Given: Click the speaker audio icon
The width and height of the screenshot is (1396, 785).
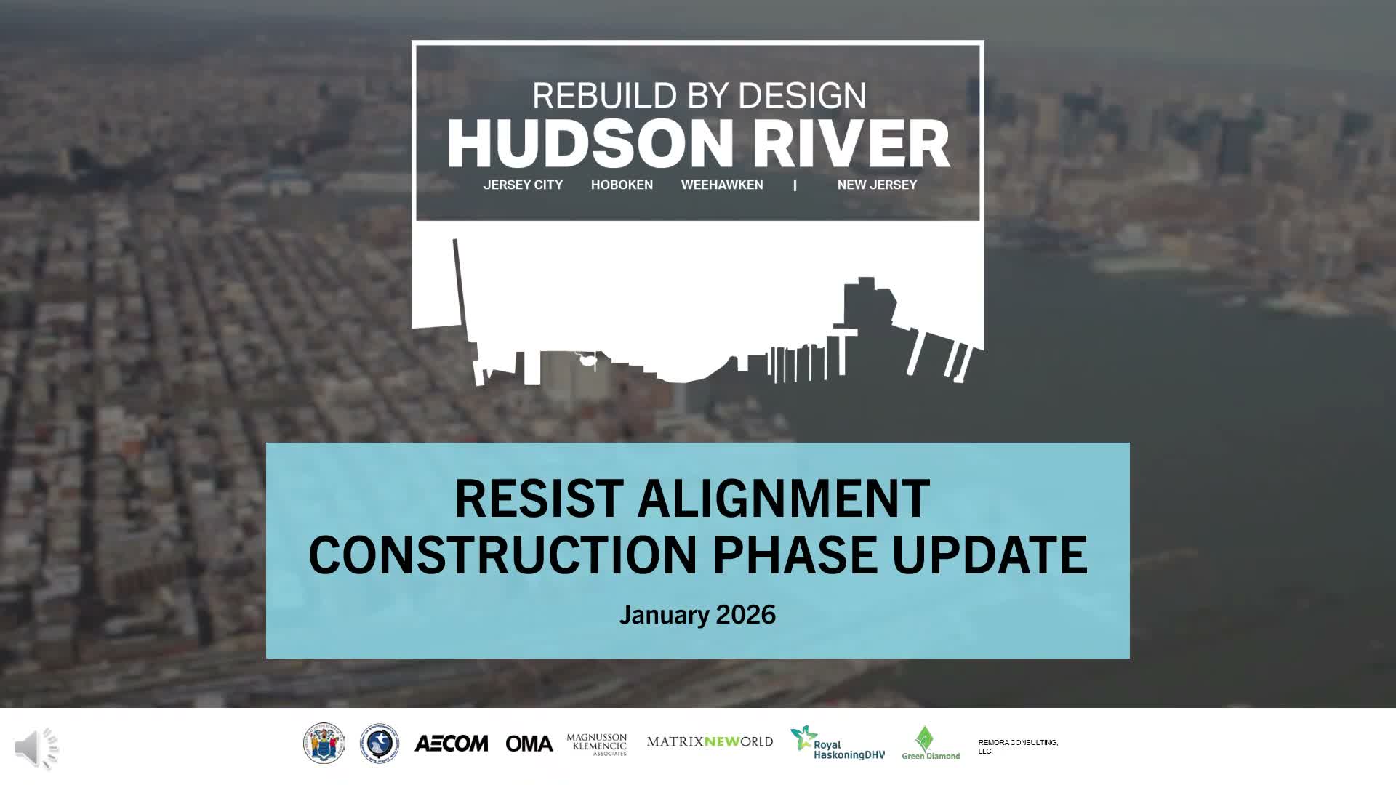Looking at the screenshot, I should coord(36,748).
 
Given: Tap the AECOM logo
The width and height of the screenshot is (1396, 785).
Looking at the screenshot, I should coord(451,744).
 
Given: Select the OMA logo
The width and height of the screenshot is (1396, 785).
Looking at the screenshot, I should coord(529,744).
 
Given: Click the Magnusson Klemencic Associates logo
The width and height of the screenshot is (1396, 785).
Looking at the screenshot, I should coord(596,744).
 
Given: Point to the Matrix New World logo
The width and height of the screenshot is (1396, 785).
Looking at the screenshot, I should coord(710,742).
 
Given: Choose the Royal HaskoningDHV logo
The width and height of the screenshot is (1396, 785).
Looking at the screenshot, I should coord(838,744).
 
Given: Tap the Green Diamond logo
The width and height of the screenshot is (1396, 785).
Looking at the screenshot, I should coord(930,744).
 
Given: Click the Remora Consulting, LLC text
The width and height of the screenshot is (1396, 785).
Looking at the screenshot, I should coord(1017,746).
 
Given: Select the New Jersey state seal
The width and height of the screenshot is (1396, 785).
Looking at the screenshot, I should coord(324,744).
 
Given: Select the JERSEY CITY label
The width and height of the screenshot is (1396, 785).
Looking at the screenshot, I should coord(523,185).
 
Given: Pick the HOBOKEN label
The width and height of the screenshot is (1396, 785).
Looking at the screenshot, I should coord(622,185).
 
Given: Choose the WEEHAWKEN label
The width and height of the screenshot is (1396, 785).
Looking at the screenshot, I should coord(722,185).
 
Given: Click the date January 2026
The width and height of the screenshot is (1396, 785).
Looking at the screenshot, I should coord(697,615).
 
